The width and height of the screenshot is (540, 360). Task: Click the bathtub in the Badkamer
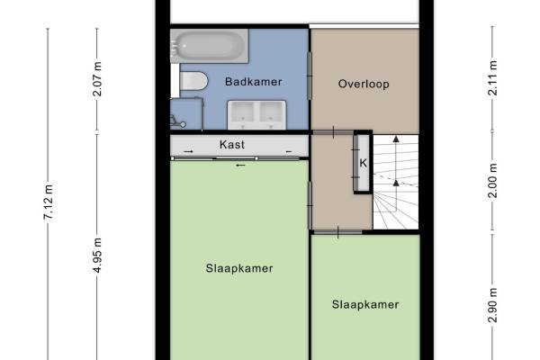[209, 46]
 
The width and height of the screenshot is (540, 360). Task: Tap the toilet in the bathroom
[193, 82]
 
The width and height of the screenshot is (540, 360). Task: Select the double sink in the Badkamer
[256, 114]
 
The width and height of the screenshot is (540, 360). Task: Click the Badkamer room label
[254, 82]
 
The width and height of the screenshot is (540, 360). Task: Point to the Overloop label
[364, 84]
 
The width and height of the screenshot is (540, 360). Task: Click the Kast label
[232, 144]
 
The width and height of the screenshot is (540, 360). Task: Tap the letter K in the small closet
[364, 163]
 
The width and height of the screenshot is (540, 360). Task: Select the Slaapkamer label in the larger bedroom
[239, 268]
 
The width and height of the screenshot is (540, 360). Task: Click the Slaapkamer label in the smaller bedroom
[365, 304]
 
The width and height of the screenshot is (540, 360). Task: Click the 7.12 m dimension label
[49, 202]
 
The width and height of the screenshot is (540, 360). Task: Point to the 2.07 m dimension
[97, 79]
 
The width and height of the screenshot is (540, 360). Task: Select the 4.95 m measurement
[97, 256]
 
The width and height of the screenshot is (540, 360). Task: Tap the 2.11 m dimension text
[493, 78]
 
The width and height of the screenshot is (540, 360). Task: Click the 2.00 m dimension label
[493, 181]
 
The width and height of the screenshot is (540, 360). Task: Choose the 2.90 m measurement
[493, 305]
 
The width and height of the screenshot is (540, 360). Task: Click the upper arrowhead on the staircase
[396, 139]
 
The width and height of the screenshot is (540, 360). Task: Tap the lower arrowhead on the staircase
[396, 183]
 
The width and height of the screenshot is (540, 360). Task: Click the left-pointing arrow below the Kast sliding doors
[240, 166]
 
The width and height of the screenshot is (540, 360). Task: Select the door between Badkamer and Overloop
[310, 76]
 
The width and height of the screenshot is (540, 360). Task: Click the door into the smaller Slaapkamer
[337, 232]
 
